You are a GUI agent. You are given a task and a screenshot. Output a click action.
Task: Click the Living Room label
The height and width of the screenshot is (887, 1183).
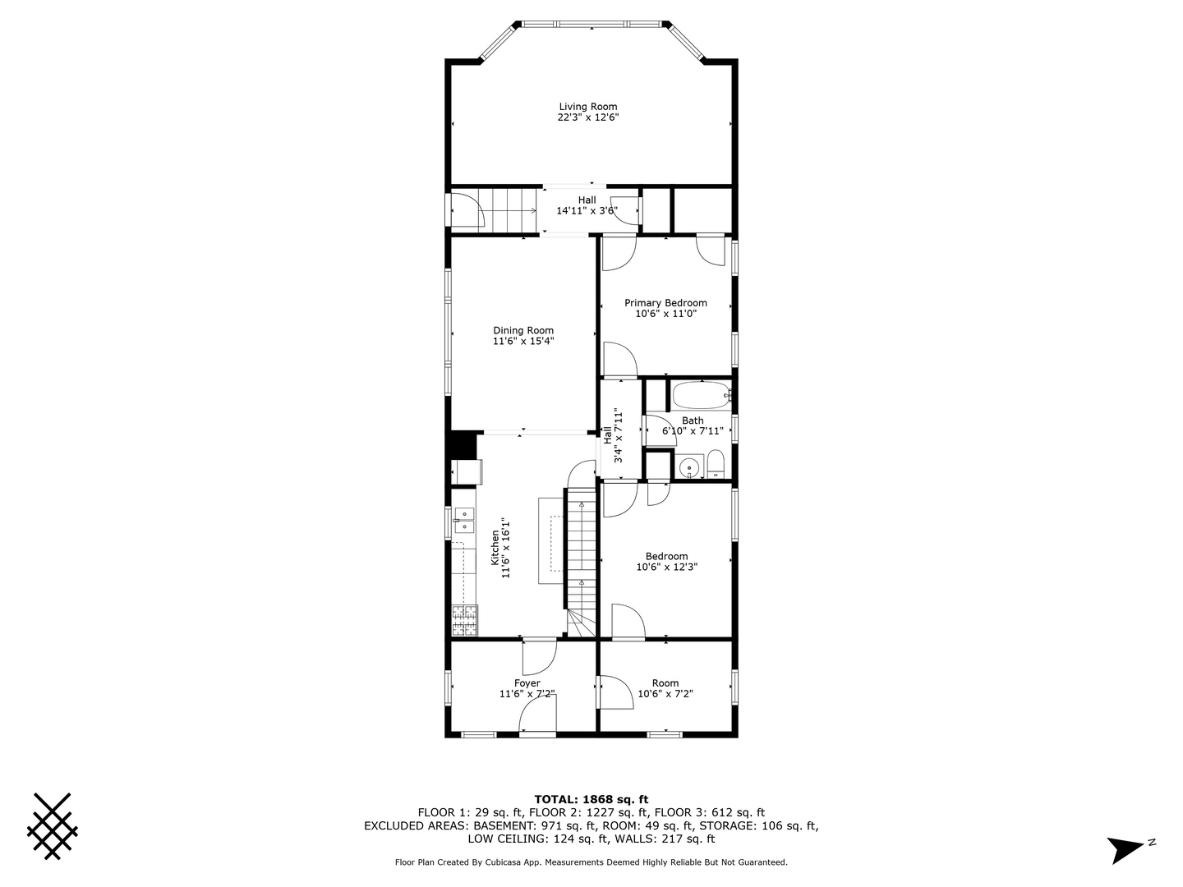tap(587, 107)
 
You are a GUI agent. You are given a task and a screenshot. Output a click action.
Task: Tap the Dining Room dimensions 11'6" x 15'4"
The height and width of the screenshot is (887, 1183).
tap(523, 341)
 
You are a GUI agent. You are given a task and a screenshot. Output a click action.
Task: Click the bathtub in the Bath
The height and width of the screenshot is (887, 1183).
tap(701, 396)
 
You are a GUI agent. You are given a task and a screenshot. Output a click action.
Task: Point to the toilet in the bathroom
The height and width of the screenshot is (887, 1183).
tap(715, 464)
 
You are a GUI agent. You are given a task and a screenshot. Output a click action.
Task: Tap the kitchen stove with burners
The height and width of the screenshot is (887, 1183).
tap(464, 620)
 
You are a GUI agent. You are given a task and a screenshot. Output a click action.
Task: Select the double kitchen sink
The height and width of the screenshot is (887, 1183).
tap(464, 520)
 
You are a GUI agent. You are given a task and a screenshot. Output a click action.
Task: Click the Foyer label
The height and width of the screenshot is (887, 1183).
tap(527, 683)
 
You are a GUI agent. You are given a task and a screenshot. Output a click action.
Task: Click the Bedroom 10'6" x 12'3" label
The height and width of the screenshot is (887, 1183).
tap(666, 557)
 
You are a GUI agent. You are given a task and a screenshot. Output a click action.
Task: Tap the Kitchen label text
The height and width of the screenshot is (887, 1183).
tap(495, 548)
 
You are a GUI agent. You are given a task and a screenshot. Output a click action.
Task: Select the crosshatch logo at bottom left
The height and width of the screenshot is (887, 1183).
tap(53, 826)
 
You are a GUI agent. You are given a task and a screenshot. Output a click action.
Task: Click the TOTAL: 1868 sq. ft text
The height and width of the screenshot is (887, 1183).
tap(591, 799)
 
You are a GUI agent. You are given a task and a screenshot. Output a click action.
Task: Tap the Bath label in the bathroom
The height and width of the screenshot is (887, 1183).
tap(693, 421)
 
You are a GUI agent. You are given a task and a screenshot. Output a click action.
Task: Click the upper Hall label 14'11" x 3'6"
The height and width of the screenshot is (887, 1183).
tap(587, 200)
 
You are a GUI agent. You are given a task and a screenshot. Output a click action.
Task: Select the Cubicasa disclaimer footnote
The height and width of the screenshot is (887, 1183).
tap(591, 862)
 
